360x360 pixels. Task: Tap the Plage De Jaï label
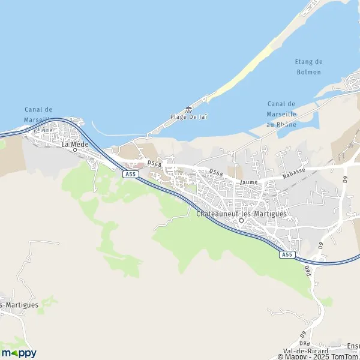[x=188, y=116]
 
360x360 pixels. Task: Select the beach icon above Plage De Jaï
[x=189, y=109]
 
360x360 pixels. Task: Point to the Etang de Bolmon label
[x=308, y=67]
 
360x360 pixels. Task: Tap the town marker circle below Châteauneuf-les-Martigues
[x=241, y=221]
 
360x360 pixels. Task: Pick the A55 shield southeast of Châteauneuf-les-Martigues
[x=287, y=255]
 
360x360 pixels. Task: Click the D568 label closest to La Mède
[x=154, y=163]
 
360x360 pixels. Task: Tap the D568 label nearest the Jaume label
[x=217, y=172]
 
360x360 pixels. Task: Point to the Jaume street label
[x=248, y=181]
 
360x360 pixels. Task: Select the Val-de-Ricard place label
[x=305, y=350]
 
